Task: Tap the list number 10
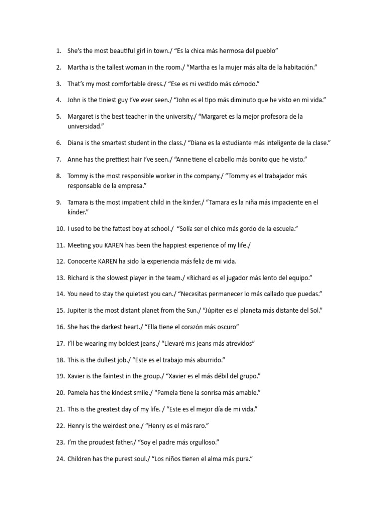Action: coord(60,229)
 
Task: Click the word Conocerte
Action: coord(82,261)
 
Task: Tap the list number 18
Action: coord(60,359)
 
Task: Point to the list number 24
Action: coord(60,458)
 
